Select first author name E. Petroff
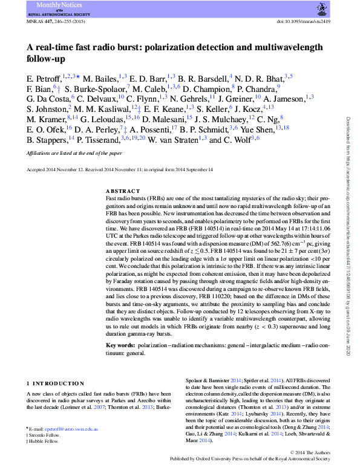click(44, 79)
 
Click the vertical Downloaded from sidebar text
click(349, 236)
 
